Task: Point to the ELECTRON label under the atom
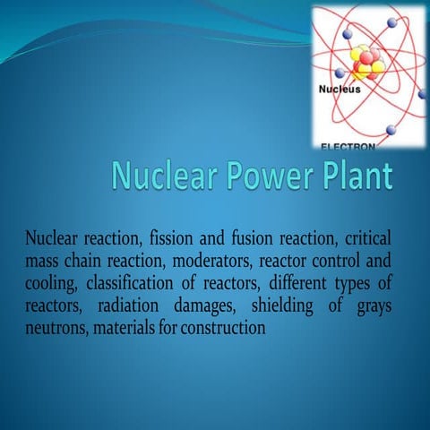pos(348,144)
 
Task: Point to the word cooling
pos(53,286)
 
